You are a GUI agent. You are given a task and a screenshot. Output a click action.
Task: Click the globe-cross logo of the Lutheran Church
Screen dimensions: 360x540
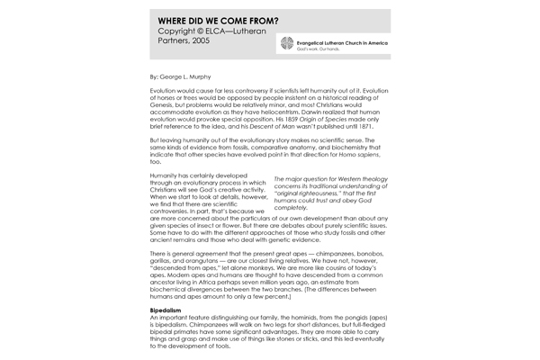point(287,43)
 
